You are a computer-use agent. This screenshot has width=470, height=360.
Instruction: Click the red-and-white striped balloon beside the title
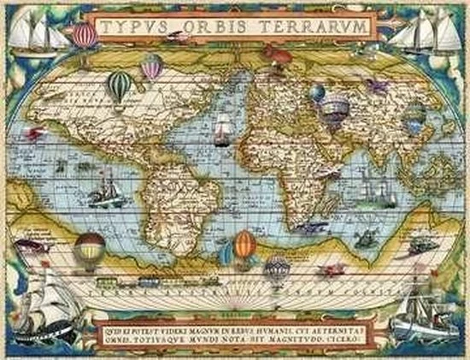point(85,35)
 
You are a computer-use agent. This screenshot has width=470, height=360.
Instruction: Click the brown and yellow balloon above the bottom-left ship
point(90,249)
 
